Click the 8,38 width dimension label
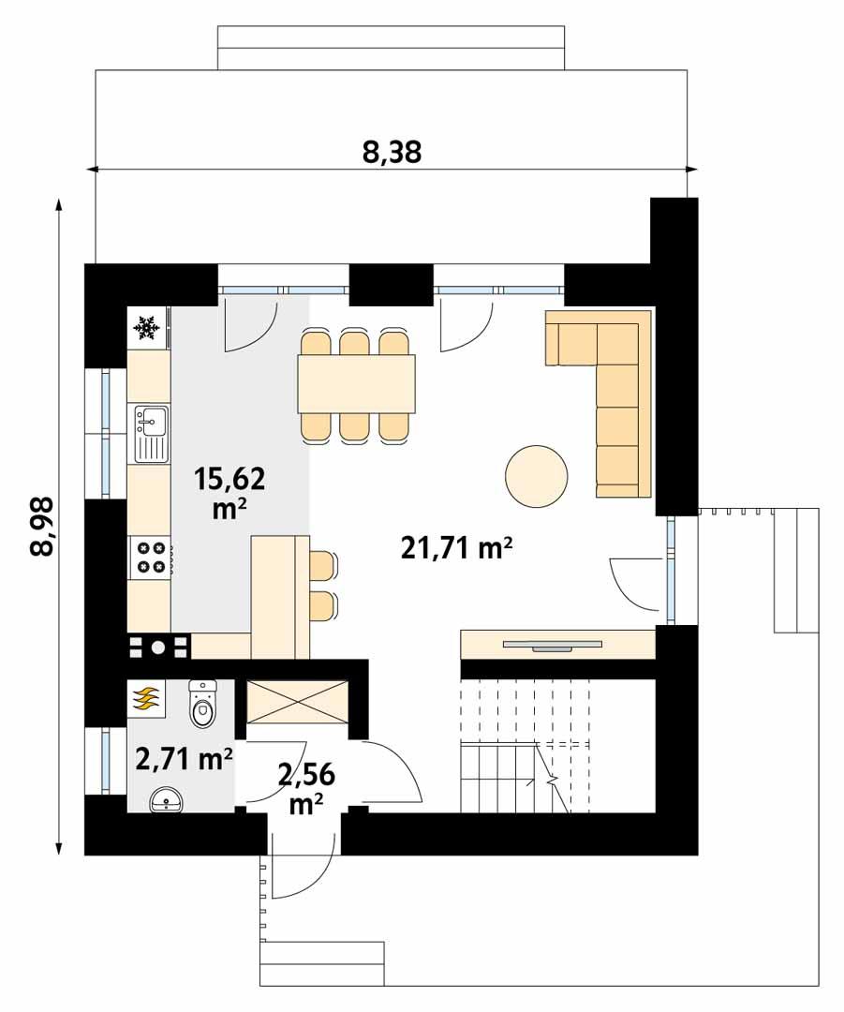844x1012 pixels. tap(392, 153)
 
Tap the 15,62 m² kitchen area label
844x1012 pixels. tap(230, 493)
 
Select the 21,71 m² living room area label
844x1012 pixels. tap(456, 549)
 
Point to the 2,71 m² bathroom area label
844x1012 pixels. tap(184, 758)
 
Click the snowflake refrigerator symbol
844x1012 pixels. tap(145, 327)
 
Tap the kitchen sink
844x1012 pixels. tap(149, 434)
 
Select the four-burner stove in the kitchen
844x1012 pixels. tap(150, 558)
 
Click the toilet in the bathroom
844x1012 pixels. tap(201, 706)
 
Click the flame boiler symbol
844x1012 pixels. tap(145, 698)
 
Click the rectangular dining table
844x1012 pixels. tap(356, 384)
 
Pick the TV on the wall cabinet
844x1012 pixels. tap(551, 645)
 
